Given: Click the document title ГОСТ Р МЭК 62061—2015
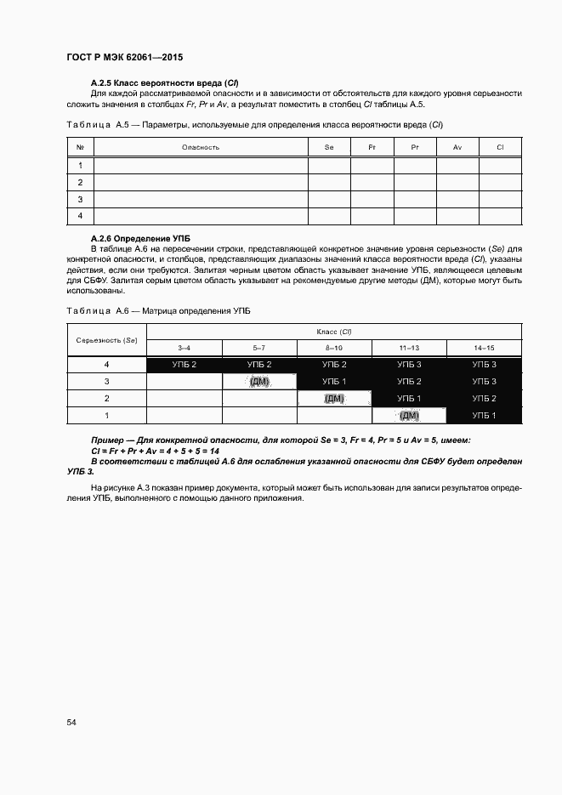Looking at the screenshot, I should coord(125,58).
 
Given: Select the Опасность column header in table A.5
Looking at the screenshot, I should coord(201,147).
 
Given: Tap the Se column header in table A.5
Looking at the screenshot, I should coord(329,147).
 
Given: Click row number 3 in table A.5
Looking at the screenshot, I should coord(80,199).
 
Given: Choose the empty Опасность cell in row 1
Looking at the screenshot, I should coord(201,165).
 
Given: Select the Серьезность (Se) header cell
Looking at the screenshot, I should coord(106,339).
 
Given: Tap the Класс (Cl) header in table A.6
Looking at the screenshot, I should coord(334,331).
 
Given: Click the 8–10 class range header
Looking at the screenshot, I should coord(334,349).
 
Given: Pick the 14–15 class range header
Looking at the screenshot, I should coord(484,349).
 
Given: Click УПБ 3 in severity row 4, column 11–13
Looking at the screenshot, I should coord(409,365).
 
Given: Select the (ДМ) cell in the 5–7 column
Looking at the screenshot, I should coord(259,382).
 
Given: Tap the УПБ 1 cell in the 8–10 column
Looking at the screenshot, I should coord(334,382).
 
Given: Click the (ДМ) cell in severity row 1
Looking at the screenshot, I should coord(409,416).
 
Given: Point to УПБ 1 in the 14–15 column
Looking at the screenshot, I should coord(484,416).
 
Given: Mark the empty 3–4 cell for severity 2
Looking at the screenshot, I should coord(184,399).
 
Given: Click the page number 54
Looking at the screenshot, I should coord(71,722).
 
